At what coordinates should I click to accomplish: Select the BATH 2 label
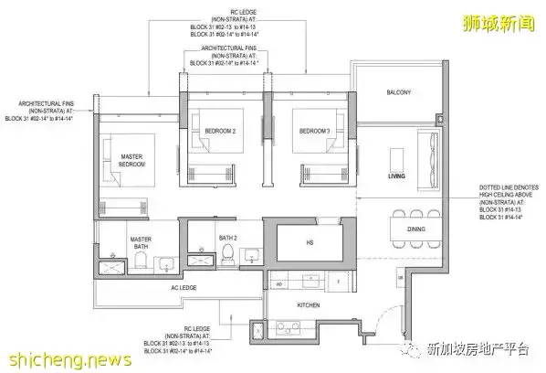tap(227, 239)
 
